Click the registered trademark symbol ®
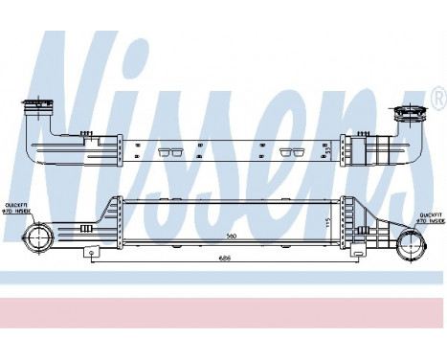pyautogui.click(x=437, y=97)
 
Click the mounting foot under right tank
pyautogui.click(x=357, y=255)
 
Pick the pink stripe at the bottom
pyautogui.click(x=223, y=312)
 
